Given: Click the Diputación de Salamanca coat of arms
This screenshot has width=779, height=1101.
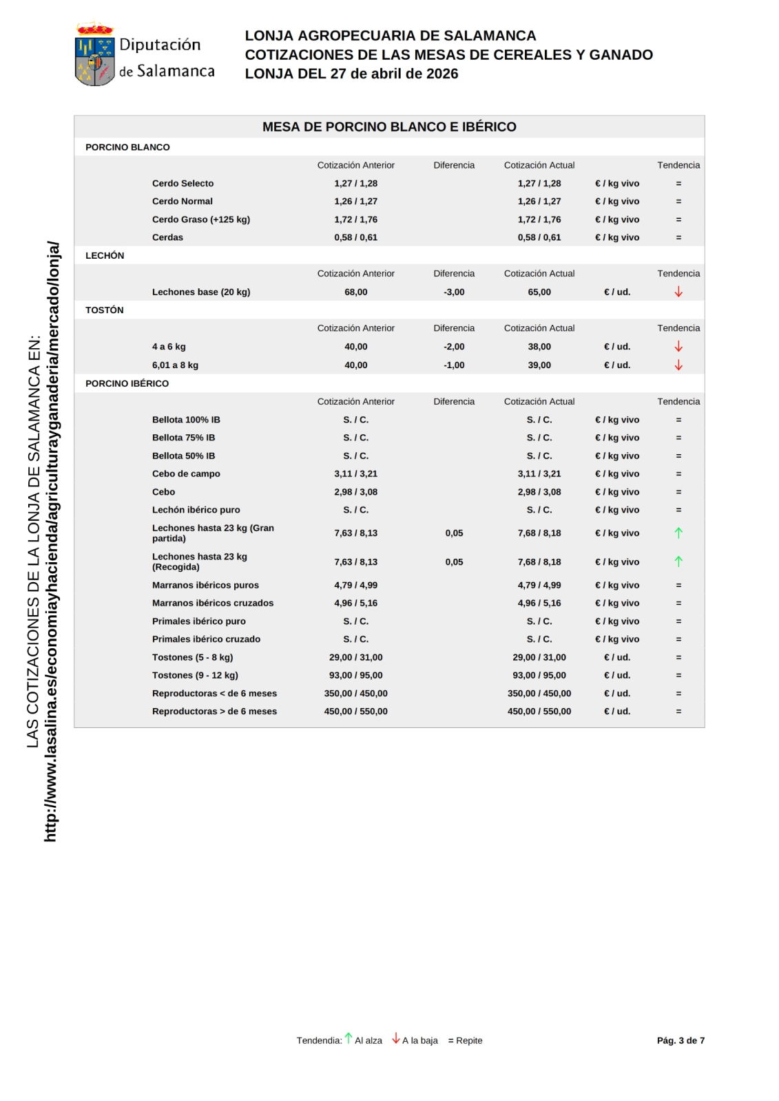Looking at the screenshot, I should click(x=94, y=55).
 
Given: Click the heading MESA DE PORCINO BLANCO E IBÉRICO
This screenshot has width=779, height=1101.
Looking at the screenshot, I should click(x=389, y=127).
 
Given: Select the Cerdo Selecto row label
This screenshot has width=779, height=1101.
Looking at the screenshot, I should click(x=183, y=184).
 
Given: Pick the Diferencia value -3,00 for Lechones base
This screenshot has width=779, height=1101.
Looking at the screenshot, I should click(x=454, y=292).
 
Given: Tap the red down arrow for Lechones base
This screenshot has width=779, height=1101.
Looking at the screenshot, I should click(x=678, y=292).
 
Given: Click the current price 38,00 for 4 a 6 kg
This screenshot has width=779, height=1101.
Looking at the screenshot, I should click(x=539, y=347).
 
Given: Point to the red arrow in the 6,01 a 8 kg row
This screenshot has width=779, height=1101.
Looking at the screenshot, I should click(x=678, y=365).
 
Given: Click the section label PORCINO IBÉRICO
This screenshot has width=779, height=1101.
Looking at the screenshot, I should click(x=127, y=383).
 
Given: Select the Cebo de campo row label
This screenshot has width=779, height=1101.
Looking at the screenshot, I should click(x=186, y=474).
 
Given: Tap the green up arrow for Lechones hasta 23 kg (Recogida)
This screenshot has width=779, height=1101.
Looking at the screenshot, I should click(x=678, y=562).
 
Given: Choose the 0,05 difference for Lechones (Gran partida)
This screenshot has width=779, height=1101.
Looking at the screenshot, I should click(x=454, y=533).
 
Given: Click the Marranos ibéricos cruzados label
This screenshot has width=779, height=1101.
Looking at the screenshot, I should click(x=213, y=603).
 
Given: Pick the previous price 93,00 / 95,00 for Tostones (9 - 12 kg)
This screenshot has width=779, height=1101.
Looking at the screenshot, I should click(x=355, y=676).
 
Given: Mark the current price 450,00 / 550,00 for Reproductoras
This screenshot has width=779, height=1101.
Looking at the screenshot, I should click(x=539, y=712).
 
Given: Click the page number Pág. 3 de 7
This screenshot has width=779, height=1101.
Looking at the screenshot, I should click(x=681, y=1040).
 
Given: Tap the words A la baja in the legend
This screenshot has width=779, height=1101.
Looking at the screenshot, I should click(x=420, y=1040).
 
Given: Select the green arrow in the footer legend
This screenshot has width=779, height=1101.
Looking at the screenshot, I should click(x=349, y=1038).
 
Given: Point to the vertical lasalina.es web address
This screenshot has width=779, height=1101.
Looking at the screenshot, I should click(x=51, y=542).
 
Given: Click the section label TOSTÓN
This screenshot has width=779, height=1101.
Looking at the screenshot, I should click(x=105, y=310).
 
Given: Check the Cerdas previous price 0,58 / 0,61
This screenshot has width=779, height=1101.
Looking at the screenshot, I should click(x=355, y=237).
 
